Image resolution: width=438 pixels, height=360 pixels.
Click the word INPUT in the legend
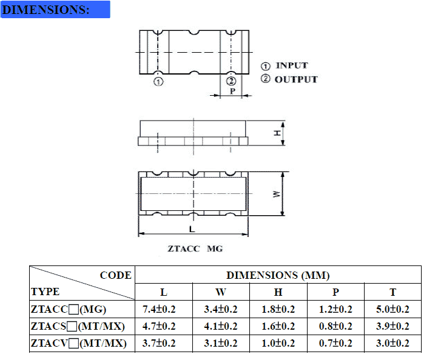point(292,65)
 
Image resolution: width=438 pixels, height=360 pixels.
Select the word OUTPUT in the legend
point(296,79)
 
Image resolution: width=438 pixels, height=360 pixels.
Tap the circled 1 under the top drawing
point(158,82)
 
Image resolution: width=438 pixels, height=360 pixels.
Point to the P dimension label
point(232,92)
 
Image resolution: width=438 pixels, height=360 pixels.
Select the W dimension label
point(277,194)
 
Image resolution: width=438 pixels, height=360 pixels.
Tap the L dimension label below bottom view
point(192,230)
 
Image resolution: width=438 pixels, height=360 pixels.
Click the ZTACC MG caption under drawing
point(195,249)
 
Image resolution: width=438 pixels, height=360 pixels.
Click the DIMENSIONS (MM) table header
point(278,275)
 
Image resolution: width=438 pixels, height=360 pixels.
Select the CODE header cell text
point(115,275)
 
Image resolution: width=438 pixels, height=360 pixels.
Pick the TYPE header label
point(45,292)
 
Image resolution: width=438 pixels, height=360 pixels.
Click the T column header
point(393,292)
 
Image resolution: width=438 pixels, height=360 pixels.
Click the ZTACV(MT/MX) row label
point(78,344)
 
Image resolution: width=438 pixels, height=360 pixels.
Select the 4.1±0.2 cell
point(220,327)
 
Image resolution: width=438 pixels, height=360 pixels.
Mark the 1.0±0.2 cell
point(278,344)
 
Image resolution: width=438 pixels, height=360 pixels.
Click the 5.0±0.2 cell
point(393,310)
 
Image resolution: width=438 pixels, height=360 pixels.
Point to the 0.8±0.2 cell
point(335,327)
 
